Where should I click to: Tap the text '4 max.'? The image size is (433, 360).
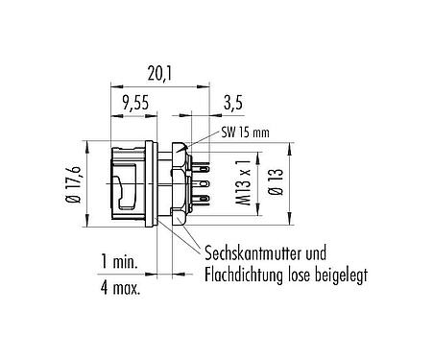click(123, 287)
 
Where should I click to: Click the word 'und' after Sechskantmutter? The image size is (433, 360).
click(326, 254)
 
